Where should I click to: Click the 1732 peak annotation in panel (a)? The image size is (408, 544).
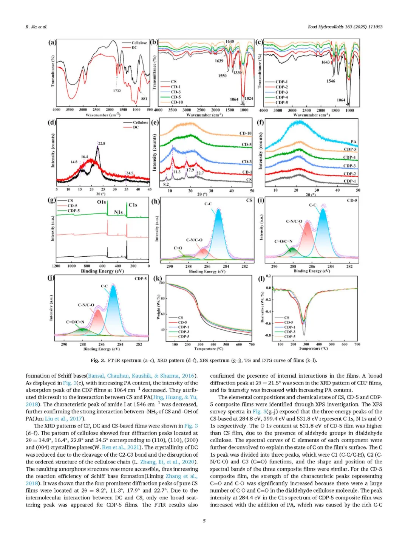(117, 91)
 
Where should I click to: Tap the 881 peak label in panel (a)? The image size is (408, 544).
(144, 99)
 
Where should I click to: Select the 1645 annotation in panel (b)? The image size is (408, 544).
(230, 42)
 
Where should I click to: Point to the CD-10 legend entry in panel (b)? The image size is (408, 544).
(176, 102)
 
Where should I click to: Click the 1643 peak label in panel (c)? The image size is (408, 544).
(325, 62)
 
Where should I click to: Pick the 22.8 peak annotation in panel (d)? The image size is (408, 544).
(101, 144)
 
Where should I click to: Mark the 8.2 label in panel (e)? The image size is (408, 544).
(166, 184)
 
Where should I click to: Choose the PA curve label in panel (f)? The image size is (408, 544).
(353, 142)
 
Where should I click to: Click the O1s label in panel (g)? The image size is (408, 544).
(101, 202)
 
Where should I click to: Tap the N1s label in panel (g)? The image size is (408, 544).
(118, 212)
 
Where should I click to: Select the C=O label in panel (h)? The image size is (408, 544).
(178, 248)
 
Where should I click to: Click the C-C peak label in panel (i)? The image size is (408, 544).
(312, 205)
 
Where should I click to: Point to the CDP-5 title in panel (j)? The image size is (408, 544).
(141, 279)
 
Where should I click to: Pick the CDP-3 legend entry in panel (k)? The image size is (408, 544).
(184, 332)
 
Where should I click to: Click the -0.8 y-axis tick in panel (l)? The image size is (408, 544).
(268, 335)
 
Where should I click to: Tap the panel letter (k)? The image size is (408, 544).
(157, 279)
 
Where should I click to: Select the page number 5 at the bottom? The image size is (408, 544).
(204, 521)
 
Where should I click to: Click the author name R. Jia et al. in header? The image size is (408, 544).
(36, 27)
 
